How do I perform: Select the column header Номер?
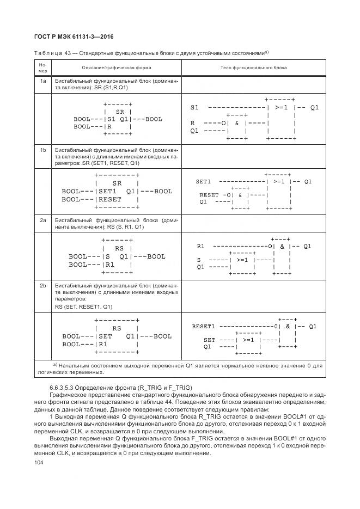click(43, 68)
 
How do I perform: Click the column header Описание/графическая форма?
click(117, 68)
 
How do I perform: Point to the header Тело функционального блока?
click(253, 68)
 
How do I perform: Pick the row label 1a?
click(43, 81)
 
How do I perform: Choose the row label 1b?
click(43, 149)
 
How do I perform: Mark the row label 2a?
click(43, 220)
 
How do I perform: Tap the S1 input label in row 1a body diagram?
click(194, 108)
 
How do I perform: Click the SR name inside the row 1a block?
click(120, 111)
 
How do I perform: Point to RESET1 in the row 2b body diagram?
click(204, 327)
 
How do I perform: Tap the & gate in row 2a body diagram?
click(283, 246)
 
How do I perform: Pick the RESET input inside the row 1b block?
click(110, 199)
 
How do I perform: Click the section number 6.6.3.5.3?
click(65, 386)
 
